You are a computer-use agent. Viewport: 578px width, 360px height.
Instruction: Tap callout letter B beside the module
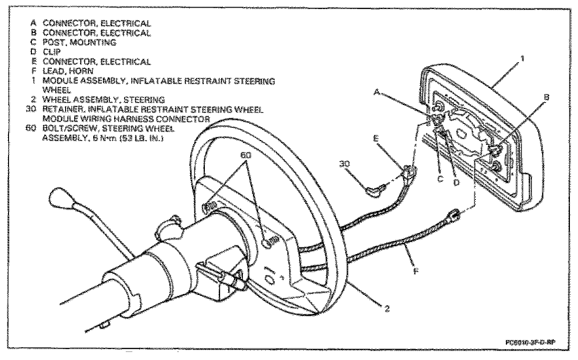[x=546, y=97]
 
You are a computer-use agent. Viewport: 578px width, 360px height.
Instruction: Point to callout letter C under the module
[x=440, y=179]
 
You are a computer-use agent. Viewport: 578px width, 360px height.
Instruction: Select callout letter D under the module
[x=456, y=183]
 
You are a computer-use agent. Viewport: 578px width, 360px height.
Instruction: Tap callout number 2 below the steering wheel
[x=387, y=308]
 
